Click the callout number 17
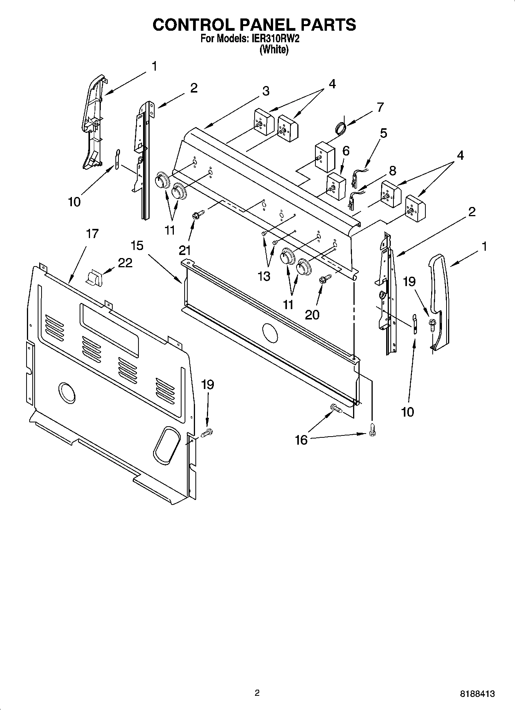pos(92,233)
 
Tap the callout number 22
pos(125,263)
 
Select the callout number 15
pos(137,245)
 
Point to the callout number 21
pos(185,250)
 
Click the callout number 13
pos(264,276)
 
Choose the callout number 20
pos(312,314)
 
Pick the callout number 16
pos(301,440)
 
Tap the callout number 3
pos(266,91)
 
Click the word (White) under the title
pos(274,50)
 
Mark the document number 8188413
pos(477,693)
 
